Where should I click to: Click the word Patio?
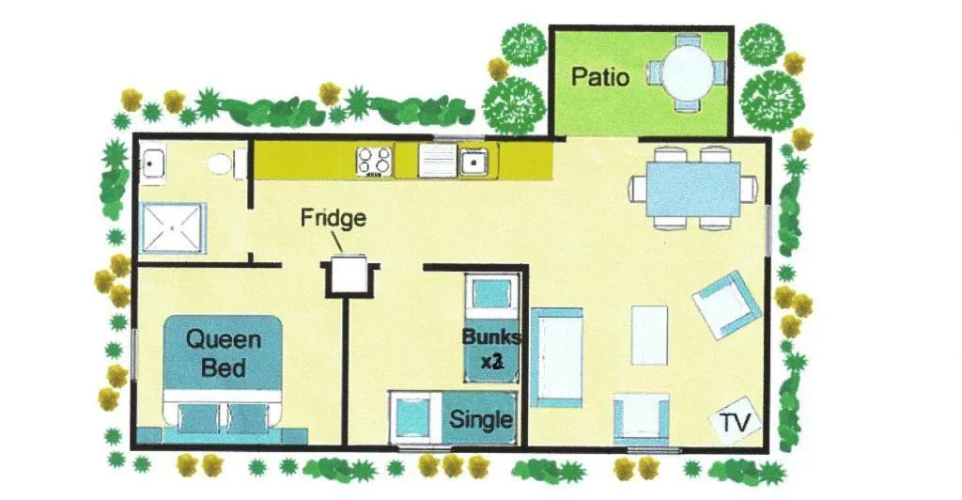pos(600,77)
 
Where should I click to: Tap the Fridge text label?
pos(334,218)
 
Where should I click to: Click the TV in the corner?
pos(735,421)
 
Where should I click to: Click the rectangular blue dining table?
pos(692,189)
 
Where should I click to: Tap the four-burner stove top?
pos(374,161)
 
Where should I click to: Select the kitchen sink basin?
pos(474,161)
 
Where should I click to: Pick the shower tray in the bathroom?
pos(173,227)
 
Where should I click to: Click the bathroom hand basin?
pos(151,164)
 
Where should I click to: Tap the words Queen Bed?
pos(224,352)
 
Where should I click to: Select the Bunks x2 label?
pos(490,349)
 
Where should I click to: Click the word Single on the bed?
pos(481,419)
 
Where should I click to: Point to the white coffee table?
pos(650,335)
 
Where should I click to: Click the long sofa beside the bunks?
pos(556,358)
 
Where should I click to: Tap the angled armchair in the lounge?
pos(726,305)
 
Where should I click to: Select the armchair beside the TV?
pos(641,419)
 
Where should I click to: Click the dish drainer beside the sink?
pos(438,161)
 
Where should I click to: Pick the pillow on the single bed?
pos(411,418)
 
